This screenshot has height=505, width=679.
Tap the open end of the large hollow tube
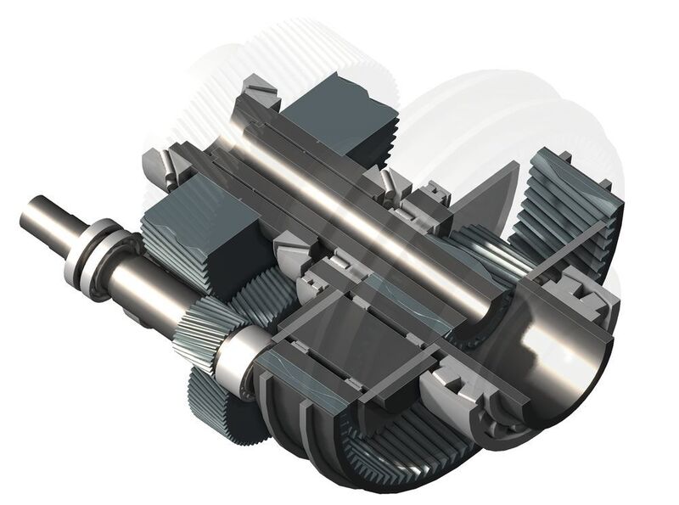[560, 356]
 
